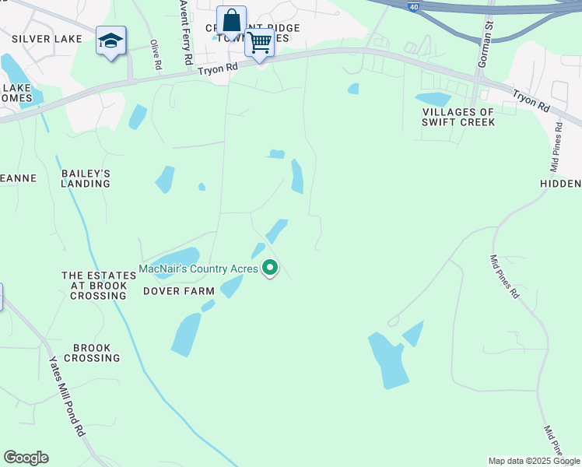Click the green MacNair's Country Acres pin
270,269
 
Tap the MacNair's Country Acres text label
198,269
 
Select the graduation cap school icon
110,40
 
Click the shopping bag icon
231,20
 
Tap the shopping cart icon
259,43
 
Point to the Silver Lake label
41,38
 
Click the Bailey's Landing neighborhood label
86,178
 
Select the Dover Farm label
178,291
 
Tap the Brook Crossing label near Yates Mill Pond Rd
92,353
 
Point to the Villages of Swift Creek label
458,117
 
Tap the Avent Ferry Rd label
186,33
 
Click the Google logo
26,458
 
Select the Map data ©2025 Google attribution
535,461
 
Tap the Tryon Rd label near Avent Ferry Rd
218,68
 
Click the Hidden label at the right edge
560,184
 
